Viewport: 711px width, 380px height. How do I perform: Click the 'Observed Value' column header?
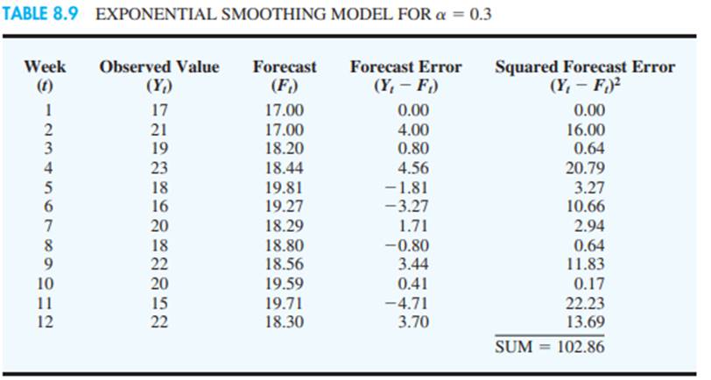tap(159, 67)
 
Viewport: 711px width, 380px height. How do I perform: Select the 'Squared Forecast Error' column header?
tap(585, 67)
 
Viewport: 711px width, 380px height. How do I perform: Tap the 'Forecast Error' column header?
tap(406, 67)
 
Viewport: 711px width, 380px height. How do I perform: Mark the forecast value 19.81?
tap(285, 179)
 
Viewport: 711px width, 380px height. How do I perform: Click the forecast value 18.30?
tap(285, 320)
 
